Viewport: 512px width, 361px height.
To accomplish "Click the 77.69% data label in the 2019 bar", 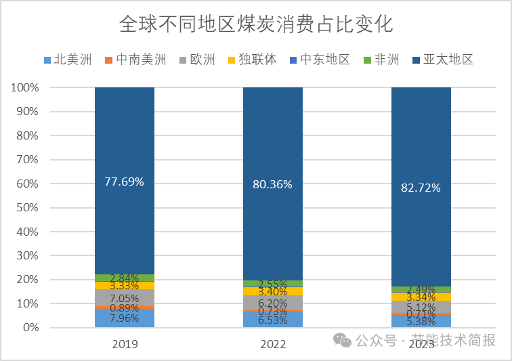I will point(124,181).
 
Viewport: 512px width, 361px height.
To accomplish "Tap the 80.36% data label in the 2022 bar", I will point(273,184).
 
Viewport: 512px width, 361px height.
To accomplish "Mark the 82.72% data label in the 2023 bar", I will point(421,188).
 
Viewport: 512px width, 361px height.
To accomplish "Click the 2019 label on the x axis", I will point(124,344).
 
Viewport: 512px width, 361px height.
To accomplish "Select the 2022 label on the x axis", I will point(273,344).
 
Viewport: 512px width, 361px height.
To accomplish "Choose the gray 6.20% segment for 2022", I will point(273,303).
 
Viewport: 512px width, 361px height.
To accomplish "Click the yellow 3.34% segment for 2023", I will point(421,297).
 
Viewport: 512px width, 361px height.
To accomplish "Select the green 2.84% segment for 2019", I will point(124,278).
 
